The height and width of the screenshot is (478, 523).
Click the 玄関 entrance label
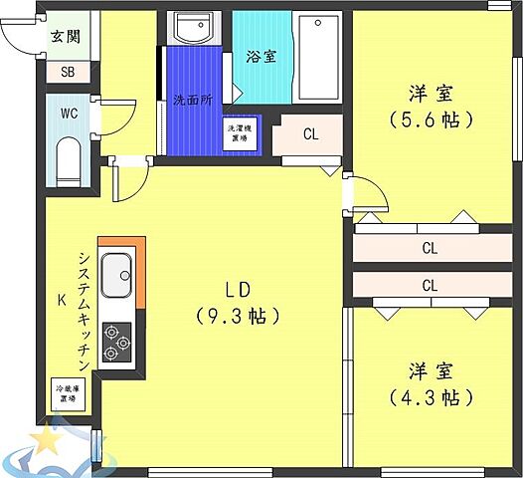66,37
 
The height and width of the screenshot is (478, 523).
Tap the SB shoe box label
68,72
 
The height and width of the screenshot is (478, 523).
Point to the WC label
69,114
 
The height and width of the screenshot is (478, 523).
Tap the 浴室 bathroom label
261,57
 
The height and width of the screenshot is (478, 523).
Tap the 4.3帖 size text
431,397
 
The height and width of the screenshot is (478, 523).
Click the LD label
237,289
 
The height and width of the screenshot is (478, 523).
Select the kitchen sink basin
116,272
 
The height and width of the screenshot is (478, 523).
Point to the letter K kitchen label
60,298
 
